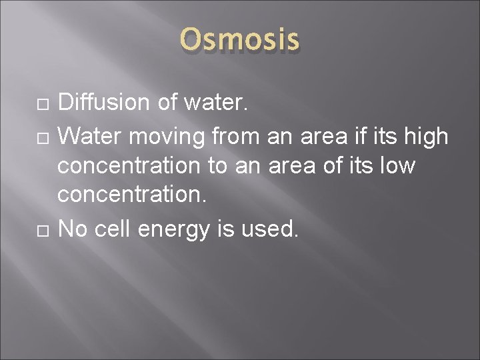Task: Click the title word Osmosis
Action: pyautogui.click(x=240, y=39)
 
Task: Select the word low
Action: pyautogui.click(x=398, y=165)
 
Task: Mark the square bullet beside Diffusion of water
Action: pyautogui.click(x=41, y=104)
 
